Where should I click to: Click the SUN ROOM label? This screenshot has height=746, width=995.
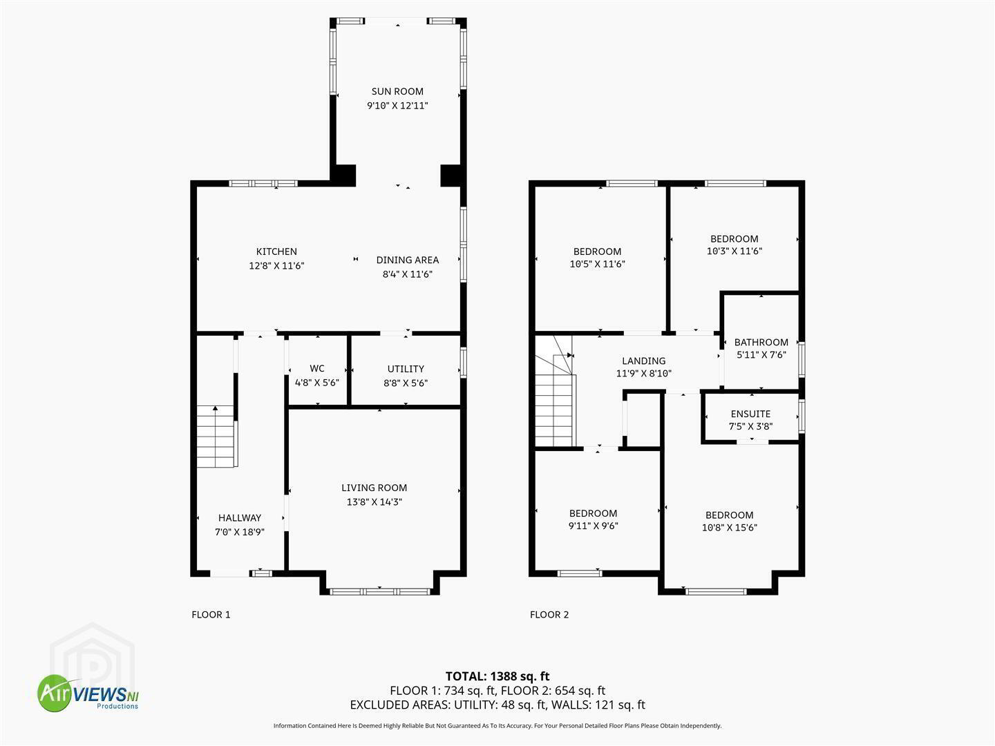(x=397, y=91)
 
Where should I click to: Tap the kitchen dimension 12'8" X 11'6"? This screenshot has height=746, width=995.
(x=276, y=266)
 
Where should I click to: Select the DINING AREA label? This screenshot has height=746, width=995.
(x=408, y=260)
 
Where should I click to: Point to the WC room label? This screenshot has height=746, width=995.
(x=317, y=368)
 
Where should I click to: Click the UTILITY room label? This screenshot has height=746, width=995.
(x=406, y=369)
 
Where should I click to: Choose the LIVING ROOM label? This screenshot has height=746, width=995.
(x=375, y=488)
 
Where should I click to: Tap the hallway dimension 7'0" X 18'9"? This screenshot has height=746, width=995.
(x=240, y=532)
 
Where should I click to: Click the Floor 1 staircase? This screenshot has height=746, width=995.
(x=217, y=437)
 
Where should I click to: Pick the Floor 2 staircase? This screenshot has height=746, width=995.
(x=556, y=391)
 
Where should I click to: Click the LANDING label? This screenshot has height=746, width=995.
(x=644, y=361)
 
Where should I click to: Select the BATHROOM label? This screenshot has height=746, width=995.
(x=761, y=343)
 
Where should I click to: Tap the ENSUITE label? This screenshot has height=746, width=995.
(x=750, y=414)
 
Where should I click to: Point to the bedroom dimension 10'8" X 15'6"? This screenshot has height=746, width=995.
(x=730, y=527)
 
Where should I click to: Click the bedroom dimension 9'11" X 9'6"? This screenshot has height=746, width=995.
(x=594, y=526)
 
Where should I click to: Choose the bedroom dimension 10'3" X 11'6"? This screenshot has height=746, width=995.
(x=735, y=251)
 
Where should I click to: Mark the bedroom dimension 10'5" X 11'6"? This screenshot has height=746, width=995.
(x=598, y=264)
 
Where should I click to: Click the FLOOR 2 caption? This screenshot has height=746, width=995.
(x=549, y=615)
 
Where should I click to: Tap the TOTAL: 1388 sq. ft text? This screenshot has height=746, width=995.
(x=497, y=676)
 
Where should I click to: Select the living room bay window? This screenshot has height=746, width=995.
(x=379, y=591)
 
